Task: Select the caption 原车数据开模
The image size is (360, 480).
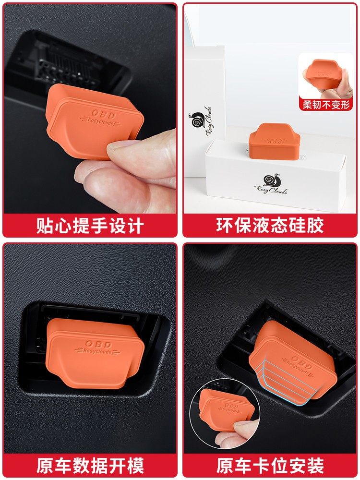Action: [x=90, y=465]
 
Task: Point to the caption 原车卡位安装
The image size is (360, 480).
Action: [x=270, y=465]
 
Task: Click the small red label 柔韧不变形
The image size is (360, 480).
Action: [x=326, y=104]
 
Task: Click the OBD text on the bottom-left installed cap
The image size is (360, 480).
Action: [x=98, y=344]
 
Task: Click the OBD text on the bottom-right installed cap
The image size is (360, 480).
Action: [x=302, y=362]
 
